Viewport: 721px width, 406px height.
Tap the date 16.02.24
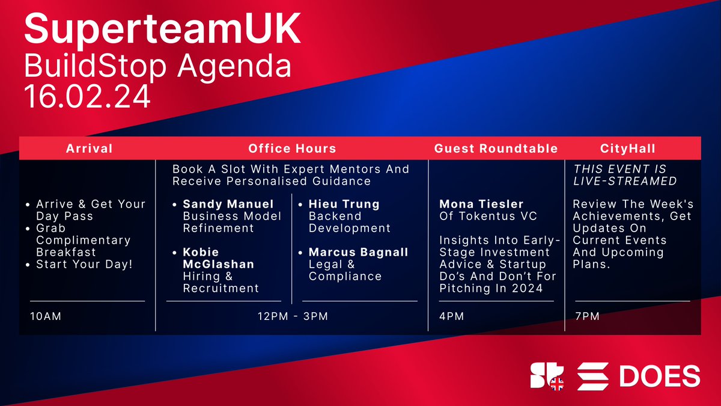point(88,96)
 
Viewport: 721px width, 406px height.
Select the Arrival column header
point(89,149)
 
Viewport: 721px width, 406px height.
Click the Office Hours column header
point(292,149)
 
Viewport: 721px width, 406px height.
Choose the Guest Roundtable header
point(496,149)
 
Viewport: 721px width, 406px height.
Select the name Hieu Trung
point(344,204)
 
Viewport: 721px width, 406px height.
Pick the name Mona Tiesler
point(481,204)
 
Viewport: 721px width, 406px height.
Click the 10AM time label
point(46,316)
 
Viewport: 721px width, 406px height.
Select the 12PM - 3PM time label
point(291,316)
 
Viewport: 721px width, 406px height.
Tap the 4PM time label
point(451,316)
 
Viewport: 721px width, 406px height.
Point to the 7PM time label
point(587,316)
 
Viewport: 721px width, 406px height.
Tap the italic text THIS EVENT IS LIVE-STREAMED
point(625,174)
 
